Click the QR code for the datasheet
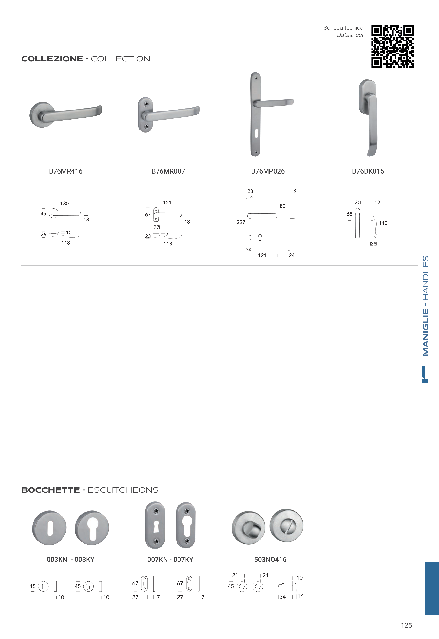coord(392,46)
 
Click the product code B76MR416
coord(66,171)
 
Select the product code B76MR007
coord(168,171)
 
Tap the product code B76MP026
coord(268,171)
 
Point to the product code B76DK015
coord(368,171)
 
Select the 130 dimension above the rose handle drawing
coord(64,204)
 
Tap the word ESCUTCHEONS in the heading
coord(123,490)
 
